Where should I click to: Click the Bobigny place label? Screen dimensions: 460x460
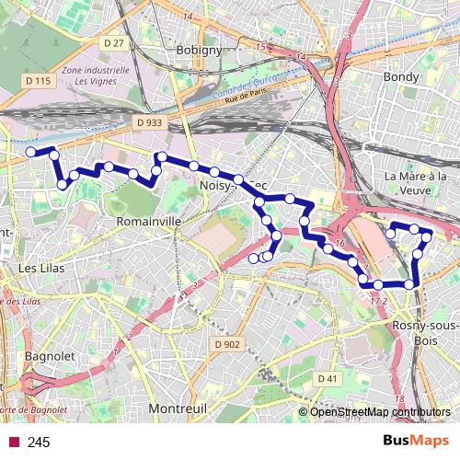tap(199, 51)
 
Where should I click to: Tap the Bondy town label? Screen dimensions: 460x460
tap(407, 77)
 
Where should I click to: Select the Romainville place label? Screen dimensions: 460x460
tap(148, 222)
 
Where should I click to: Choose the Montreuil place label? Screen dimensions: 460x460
tap(178, 407)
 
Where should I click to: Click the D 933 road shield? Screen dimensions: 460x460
tap(148, 121)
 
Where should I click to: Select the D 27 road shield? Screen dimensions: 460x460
tap(114, 43)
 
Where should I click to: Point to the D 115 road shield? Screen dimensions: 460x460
tap(39, 81)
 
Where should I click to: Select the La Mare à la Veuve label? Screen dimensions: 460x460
tap(415, 182)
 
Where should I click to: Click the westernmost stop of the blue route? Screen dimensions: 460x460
tap(30, 151)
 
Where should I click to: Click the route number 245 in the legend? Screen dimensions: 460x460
tap(39, 443)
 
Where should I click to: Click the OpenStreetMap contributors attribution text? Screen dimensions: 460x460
tap(380, 411)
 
